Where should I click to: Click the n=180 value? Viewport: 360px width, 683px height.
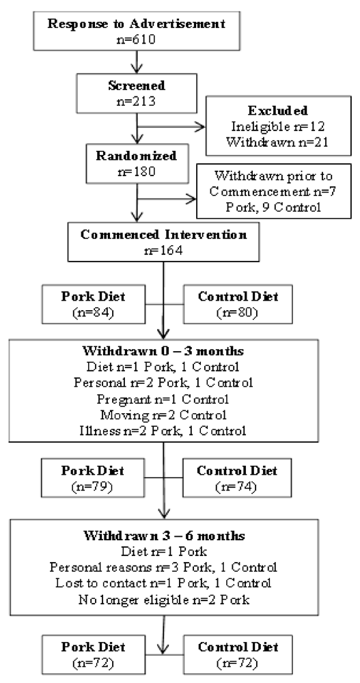(139, 169)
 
